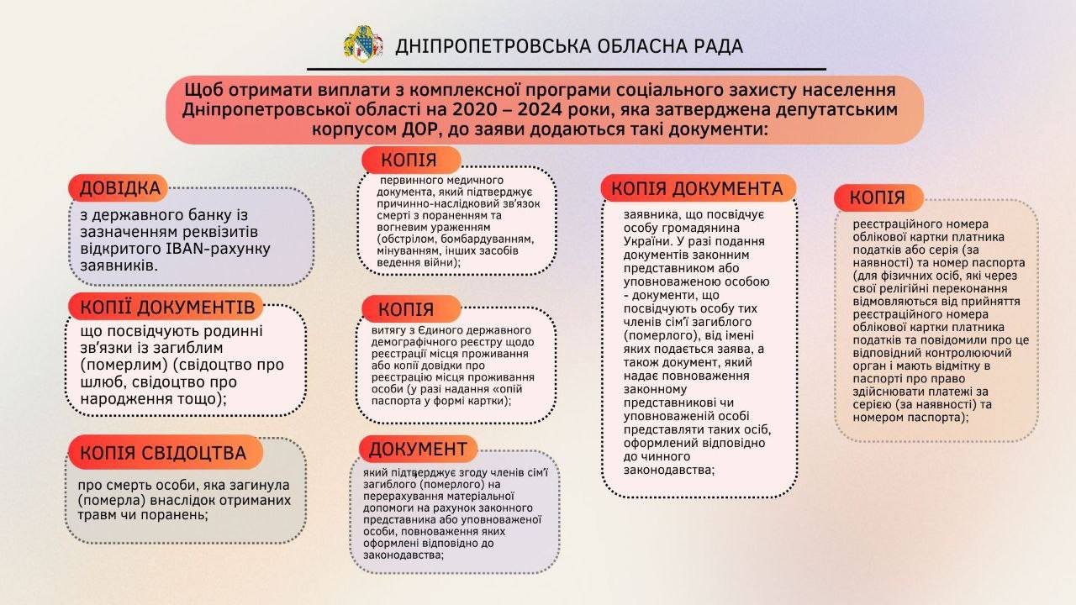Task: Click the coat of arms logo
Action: point(362,44)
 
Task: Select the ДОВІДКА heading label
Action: point(119,189)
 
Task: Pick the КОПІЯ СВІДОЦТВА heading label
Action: point(163,453)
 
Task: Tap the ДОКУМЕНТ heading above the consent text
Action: point(418,449)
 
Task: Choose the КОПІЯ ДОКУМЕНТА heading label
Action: point(697,188)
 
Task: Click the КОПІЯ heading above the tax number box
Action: point(877,198)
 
